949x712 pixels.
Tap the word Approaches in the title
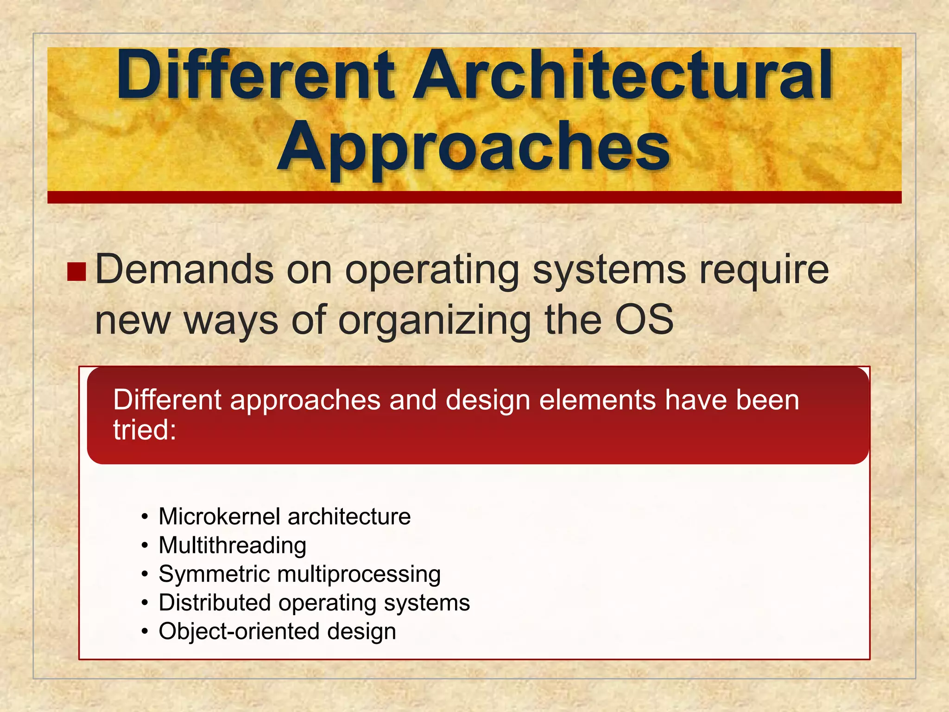[474, 147]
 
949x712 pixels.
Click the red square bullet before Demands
[76, 272]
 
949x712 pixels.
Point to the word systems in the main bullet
[609, 271]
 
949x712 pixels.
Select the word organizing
[435, 321]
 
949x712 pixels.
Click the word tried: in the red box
[145, 430]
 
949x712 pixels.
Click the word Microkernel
[219, 516]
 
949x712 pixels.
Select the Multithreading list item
[232, 546]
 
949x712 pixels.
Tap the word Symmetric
[214, 574]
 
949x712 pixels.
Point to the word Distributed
[215, 603]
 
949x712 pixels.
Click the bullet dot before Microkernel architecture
[145, 517]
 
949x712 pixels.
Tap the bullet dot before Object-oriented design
[145, 632]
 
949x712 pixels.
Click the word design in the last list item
[361, 632]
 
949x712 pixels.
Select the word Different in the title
[255, 76]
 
